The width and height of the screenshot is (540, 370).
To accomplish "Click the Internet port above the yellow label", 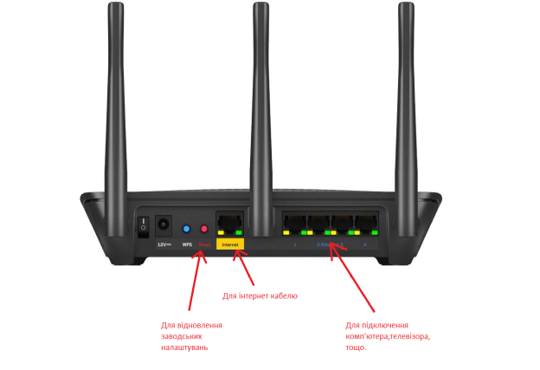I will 230,224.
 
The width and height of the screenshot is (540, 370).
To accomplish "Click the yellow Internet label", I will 230,244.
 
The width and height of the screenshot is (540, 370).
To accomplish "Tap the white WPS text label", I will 186,245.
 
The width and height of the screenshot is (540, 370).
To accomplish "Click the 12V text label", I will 163,244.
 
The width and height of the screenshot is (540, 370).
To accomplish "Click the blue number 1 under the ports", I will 294,245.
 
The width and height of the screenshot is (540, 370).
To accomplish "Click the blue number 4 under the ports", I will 365,245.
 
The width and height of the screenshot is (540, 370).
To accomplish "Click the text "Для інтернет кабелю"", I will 260,296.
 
